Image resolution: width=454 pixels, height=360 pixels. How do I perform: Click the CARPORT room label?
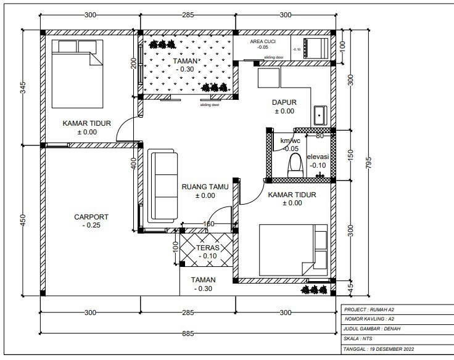pyautogui.click(x=91, y=217)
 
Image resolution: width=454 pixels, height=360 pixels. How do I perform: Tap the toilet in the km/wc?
pyautogui.click(x=295, y=165)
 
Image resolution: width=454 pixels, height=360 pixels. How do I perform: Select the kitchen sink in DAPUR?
pyautogui.click(x=320, y=115)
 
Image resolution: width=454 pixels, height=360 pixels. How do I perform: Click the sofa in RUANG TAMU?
pyautogui.click(x=162, y=186)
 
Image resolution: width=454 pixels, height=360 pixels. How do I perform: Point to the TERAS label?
pyautogui.click(x=208, y=248)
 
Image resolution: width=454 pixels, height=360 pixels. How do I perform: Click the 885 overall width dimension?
pyautogui.click(x=188, y=333)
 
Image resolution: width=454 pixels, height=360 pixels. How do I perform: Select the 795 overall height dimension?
pyautogui.click(x=368, y=163)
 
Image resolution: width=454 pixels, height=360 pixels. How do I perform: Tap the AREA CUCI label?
pyautogui.click(x=263, y=42)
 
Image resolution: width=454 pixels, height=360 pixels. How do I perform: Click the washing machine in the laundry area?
pyautogui.click(x=316, y=48)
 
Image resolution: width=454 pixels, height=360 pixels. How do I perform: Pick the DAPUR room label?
pyautogui.click(x=284, y=102)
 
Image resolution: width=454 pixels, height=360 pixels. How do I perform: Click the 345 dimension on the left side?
pyautogui.click(x=23, y=88)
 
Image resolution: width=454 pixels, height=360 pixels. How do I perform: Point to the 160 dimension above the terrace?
pyautogui.click(x=208, y=224)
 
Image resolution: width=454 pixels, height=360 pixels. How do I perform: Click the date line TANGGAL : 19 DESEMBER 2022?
pyautogui.click(x=379, y=349)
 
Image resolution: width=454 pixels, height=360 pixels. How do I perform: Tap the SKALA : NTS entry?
pyautogui.click(x=358, y=338)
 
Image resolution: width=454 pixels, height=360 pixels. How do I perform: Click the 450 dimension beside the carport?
pyautogui.click(x=23, y=220)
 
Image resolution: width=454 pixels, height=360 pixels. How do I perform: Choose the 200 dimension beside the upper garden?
pyautogui.click(x=133, y=63)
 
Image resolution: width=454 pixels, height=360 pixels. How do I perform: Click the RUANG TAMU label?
pyautogui.click(x=205, y=187)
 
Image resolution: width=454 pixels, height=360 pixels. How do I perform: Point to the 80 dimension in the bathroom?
pyautogui.click(x=320, y=136)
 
